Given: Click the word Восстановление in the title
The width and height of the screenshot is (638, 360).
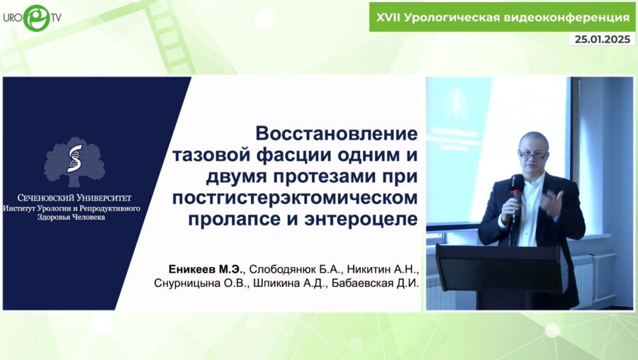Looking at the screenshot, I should pyautogui.click(x=337, y=133).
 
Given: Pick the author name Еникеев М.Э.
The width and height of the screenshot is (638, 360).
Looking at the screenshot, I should pyautogui.click(x=206, y=269).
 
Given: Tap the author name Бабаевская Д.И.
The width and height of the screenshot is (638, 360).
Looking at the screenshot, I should pyautogui.click(x=376, y=283).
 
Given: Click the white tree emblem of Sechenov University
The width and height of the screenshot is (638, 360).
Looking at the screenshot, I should pyautogui.click(x=74, y=161).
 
